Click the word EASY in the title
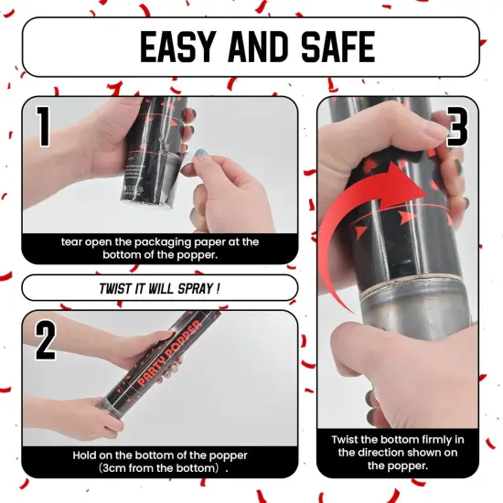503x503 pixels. point(177,47)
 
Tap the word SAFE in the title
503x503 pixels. point(338,47)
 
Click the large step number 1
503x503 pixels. point(43,126)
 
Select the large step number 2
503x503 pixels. point(45,340)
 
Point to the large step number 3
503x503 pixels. point(457,126)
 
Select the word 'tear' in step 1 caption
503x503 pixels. point(71,241)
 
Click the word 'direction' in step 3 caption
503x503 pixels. point(382,453)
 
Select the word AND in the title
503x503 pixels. point(257,47)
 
